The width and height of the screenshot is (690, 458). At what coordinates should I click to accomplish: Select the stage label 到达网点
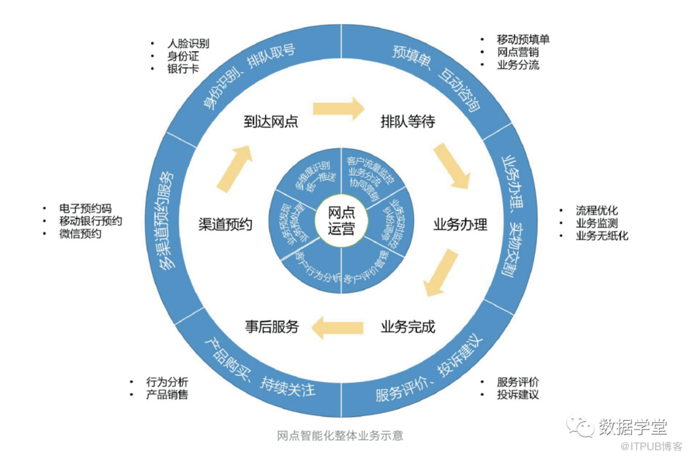coord(271,122)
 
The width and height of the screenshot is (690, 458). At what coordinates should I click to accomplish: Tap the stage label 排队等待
coord(407,122)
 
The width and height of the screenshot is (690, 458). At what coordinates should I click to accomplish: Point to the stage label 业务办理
coord(461,226)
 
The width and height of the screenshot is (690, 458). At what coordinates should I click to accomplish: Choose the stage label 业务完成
coord(408,326)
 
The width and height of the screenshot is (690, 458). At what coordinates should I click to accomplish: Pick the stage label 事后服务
coord(272,326)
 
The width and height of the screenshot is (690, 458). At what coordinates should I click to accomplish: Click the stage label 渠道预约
coord(226,226)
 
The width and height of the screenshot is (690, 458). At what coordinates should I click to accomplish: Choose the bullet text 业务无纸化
coord(602,236)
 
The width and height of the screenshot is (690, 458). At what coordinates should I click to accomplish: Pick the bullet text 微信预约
coord(80,234)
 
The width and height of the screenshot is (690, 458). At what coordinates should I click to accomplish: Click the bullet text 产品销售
coord(167,395)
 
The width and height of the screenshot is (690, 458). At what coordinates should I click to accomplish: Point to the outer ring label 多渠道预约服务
coord(161,217)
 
